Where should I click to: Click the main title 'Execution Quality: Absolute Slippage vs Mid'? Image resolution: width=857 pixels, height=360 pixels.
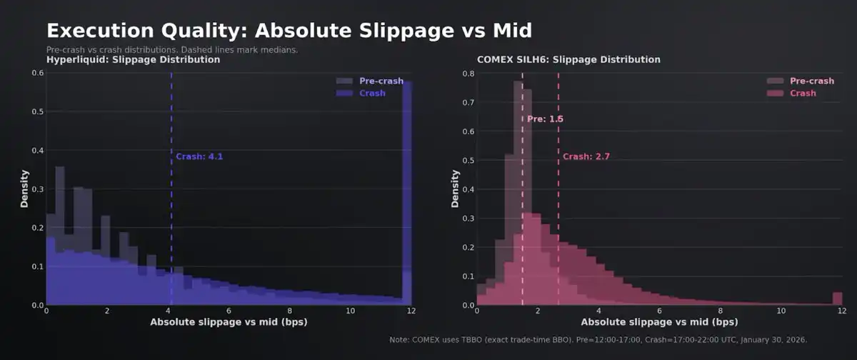pyautogui.click(x=289, y=31)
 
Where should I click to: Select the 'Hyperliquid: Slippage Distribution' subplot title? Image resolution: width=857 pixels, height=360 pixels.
pyautogui.click(x=133, y=60)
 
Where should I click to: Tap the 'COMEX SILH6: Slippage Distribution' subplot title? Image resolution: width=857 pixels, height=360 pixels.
pyautogui.click(x=568, y=59)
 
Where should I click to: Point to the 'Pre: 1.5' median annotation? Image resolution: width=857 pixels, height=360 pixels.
pyautogui.click(x=546, y=119)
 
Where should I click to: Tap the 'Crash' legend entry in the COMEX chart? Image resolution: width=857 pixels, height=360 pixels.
pyautogui.click(x=803, y=94)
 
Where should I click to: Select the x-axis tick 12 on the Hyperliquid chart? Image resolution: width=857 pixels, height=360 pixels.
pyautogui.click(x=411, y=311)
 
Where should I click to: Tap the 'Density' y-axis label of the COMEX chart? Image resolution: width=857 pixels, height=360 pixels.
pyautogui.click(x=455, y=189)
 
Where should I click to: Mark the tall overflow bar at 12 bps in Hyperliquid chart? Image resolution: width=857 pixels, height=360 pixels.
pyautogui.click(x=407, y=193)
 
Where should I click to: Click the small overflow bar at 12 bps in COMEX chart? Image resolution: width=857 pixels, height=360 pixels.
pyautogui.click(x=838, y=299)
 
